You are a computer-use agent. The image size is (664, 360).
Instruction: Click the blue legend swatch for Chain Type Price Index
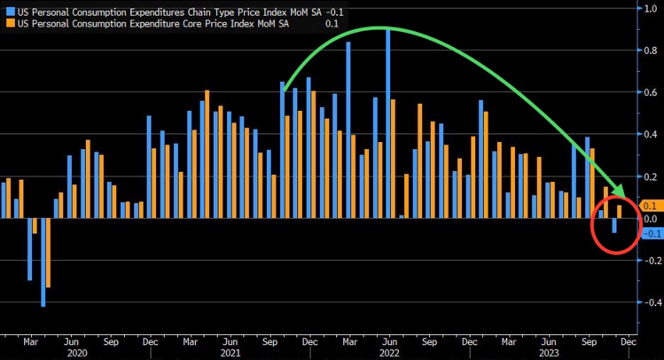pos(8,10)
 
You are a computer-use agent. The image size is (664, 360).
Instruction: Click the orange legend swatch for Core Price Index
pos(8,23)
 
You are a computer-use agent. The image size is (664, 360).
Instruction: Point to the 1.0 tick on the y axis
pos(650,8)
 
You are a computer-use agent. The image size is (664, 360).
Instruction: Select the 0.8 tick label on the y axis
pos(650,51)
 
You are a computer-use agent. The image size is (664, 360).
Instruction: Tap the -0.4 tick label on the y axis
pos(650,302)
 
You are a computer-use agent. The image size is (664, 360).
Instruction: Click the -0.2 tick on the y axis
pos(650,261)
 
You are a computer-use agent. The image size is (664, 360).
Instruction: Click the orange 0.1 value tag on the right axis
pos(650,205)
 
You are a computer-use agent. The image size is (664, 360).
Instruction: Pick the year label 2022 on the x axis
pos(389,352)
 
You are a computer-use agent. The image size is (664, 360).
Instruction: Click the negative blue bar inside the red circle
pos(613,226)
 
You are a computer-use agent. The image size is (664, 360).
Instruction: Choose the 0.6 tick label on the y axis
pos(650,93)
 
